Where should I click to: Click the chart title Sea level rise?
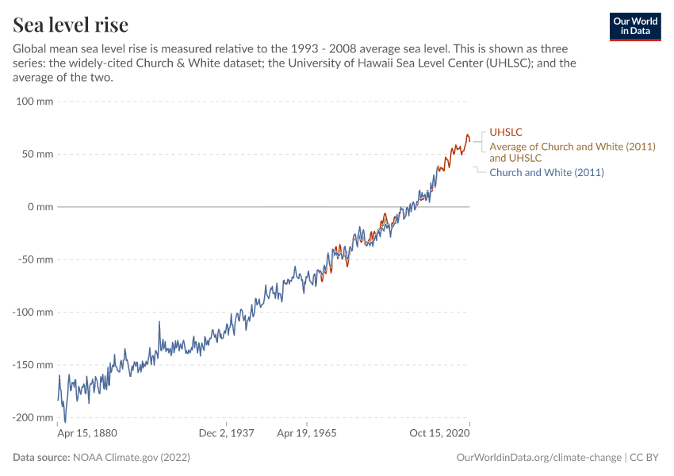[x=71, y=25]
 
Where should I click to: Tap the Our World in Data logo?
[x=635, y=27]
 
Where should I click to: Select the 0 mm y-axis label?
[x=40, y=207]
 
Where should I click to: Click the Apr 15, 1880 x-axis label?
[x=89, y=434]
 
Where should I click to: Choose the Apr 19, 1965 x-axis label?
[x=306, y=434]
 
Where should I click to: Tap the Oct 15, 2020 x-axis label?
[x=438, y=434]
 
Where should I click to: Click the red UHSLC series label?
[x=506, y=132]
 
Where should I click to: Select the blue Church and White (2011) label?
[x=546, y=172]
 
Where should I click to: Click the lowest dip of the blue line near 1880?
[x=65, y=421]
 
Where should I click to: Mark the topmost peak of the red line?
[x=468, y=135]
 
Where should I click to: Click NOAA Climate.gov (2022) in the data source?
[x=131, y=458]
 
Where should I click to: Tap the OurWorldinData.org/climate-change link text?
[x=538, y=458]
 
